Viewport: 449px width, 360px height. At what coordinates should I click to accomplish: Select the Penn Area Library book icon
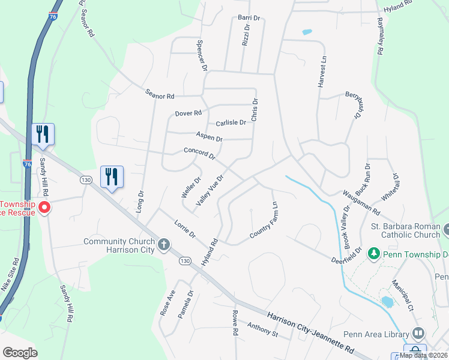tap(418, 333)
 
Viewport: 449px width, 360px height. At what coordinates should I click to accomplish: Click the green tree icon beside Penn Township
tap(374, 254)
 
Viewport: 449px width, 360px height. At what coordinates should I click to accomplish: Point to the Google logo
tap(19, 352)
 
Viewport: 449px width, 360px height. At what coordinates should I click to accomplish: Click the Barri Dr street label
tap(249, 18)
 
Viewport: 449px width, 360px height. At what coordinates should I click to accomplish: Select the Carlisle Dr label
tap(231, 122)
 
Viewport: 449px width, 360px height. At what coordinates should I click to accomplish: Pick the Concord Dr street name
tap(199, 154)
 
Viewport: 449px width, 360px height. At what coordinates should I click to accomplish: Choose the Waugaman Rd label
tap(361, 203)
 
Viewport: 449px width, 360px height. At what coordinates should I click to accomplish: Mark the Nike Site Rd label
tap(10, 275)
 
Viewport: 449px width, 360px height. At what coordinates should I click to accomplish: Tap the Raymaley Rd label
tap(379, 37)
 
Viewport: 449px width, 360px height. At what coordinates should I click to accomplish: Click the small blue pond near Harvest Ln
tap(307, 32)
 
